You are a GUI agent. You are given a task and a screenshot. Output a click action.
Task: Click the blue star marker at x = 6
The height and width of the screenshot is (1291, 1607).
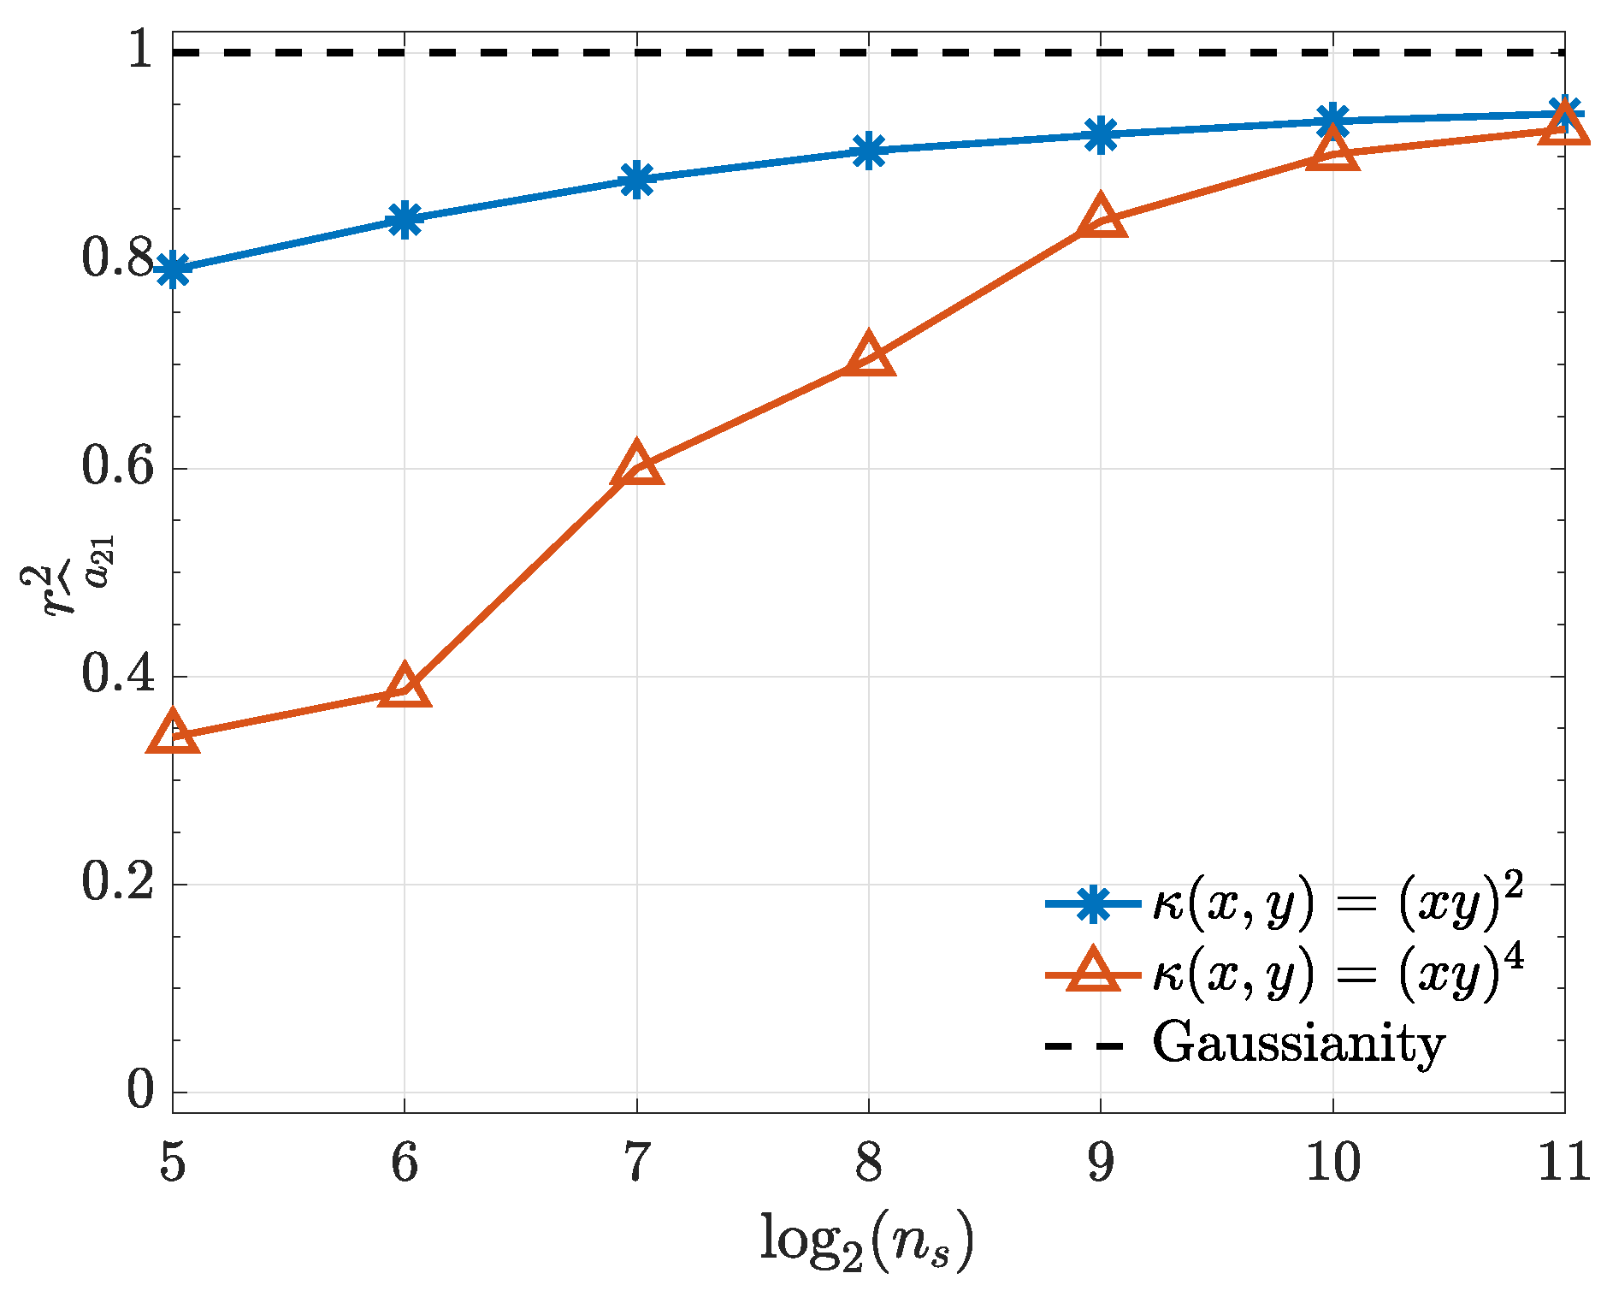[x=405, y=219]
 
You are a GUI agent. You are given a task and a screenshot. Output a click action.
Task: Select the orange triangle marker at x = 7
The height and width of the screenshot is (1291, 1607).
[x=636, y=465]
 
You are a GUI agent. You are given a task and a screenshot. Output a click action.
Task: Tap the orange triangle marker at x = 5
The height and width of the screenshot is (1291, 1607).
[x=173, y=732]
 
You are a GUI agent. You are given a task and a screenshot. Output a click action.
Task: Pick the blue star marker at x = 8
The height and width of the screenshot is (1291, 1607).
[x=869, y=151]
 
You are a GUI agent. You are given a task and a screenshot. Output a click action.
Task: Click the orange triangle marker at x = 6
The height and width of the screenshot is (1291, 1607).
[x=405, y=687]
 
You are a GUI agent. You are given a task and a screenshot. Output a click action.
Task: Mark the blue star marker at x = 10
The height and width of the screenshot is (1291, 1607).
[x=1332, y=121]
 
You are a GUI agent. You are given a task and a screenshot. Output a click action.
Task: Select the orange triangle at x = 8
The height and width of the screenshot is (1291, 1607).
[x=869, y=355]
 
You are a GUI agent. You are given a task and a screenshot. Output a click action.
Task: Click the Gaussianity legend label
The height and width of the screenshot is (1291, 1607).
[x=1298, y=1044]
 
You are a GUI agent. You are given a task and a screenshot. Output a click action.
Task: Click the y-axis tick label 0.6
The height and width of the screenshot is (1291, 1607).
[x=119, y=467]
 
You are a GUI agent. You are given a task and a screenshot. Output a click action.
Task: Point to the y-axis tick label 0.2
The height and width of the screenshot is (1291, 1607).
[x=119, y=883]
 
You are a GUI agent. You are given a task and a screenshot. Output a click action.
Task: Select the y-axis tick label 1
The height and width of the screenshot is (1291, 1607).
[x=139, y=51]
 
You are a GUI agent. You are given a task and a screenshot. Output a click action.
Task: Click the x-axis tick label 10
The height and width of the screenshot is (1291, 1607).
[x=1332, y=1164]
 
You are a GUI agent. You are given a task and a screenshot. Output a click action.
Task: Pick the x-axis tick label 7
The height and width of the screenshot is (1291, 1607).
[x=636, y=1164]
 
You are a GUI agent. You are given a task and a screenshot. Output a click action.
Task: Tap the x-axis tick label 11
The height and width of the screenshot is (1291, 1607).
[x=1563, y=1164]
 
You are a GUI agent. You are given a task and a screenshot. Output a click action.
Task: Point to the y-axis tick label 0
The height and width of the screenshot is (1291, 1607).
[x=140, y=1091]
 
